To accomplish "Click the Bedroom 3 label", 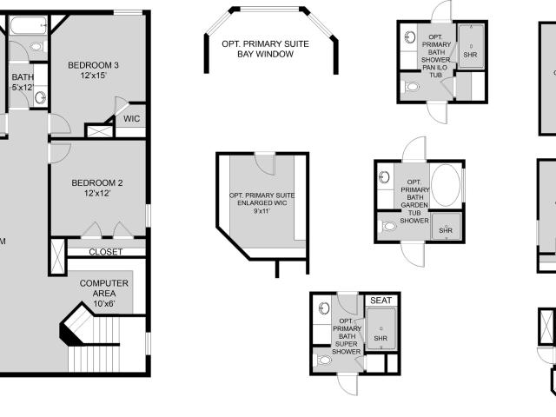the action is pyautogui.click(x=93, y=66).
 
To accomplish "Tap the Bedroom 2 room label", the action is pyautogui.click(x=97, y=183).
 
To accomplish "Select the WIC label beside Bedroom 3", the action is pyautogui.click(x=131, y=119).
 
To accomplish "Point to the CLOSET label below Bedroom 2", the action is pyautogui.click(x=106, y=252).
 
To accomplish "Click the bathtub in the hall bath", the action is pyautogui.click(x=29, y=25).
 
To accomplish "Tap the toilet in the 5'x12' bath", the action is pyautogui.click(x=36, y=46).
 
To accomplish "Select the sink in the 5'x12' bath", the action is pyautogui.click(x=40, y=97).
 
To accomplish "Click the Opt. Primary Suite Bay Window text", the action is pyautogui.click(x=265, y=49).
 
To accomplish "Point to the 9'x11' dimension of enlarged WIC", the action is pyautogui.click(x=261, y=211).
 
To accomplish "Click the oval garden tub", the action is pyautogui.click(x=446, y=185).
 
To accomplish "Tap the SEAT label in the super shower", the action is pyautogui.click(x=381, y=301).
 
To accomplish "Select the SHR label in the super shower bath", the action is pyautogui.click(x=381, y=339).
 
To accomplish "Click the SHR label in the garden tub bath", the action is pyautogui.click(x=446, y=230).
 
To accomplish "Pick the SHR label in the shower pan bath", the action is pyautogui.click(x=470, y=55).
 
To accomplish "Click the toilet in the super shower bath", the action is pyautogui.click(x=323, y=361).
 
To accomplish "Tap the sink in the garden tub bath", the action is pyautogui.click(x=384, y=177).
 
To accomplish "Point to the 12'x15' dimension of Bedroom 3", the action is pyautogui.click(x=93, y=76).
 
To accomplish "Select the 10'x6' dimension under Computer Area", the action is pyautogui.click(x=104, y=304).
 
